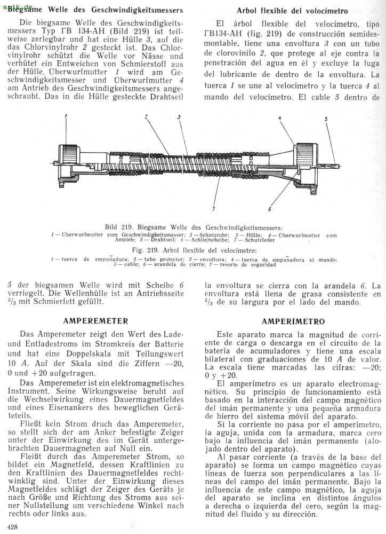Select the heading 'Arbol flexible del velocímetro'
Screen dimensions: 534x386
click(292, 11)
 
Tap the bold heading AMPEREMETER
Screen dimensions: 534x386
click(95, 321)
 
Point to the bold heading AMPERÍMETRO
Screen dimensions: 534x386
click(293, 321)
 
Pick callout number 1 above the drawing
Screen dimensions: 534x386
click(66, 116)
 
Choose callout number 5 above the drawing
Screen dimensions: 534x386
click(326, 120)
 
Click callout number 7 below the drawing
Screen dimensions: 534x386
click(213, 209)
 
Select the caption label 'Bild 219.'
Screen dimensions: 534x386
click(118, 227)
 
